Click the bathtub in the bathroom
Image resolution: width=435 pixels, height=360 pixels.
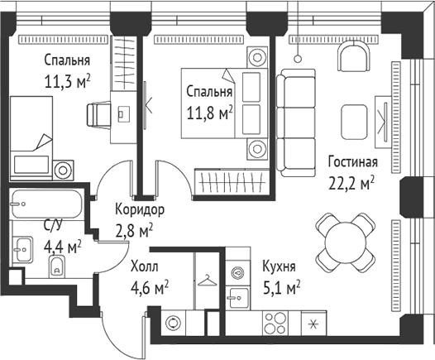[45, 204]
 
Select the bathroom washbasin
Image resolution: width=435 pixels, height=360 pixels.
[22, 246]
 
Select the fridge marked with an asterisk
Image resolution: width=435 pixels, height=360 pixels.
[313, 323]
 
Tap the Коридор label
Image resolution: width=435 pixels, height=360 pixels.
[139, 209]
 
